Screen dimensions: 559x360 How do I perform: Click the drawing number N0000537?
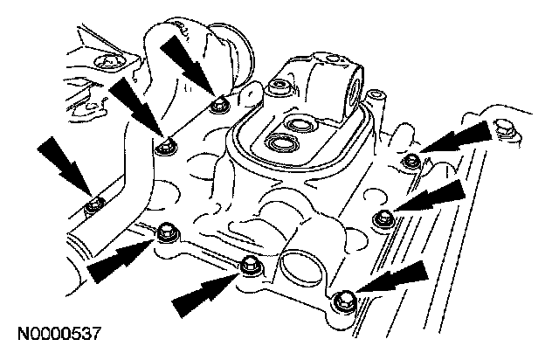pyautogui.click(x=59, y=334)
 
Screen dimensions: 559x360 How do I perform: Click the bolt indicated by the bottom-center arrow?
pyautogui.click(x=249, y=263)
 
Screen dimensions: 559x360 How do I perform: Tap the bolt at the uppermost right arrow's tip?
pyautogui.click(x=411, y=161)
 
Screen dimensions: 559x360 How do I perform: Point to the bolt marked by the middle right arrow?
pyautogui.click(x=381, y=216)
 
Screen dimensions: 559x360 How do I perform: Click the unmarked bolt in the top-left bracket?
pyautogui.click(x=110, y=63)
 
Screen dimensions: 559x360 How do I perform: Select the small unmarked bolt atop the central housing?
pyautogui.click(x=277, y=86)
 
